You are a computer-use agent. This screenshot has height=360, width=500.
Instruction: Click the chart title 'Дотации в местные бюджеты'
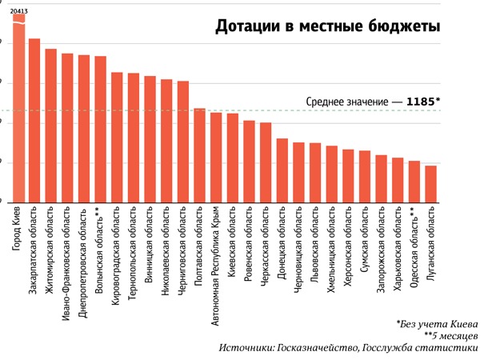[x=326, y=27]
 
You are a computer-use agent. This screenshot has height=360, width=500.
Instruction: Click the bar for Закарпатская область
[x=34, y=120]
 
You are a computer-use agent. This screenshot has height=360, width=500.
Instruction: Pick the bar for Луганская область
[x=430, y=184]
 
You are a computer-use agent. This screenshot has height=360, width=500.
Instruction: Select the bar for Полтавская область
[x=199, y=155]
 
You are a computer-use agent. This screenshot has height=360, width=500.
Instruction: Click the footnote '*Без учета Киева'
[x=437, y=324]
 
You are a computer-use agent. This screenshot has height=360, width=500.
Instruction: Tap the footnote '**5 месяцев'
[x=447, y=336]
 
